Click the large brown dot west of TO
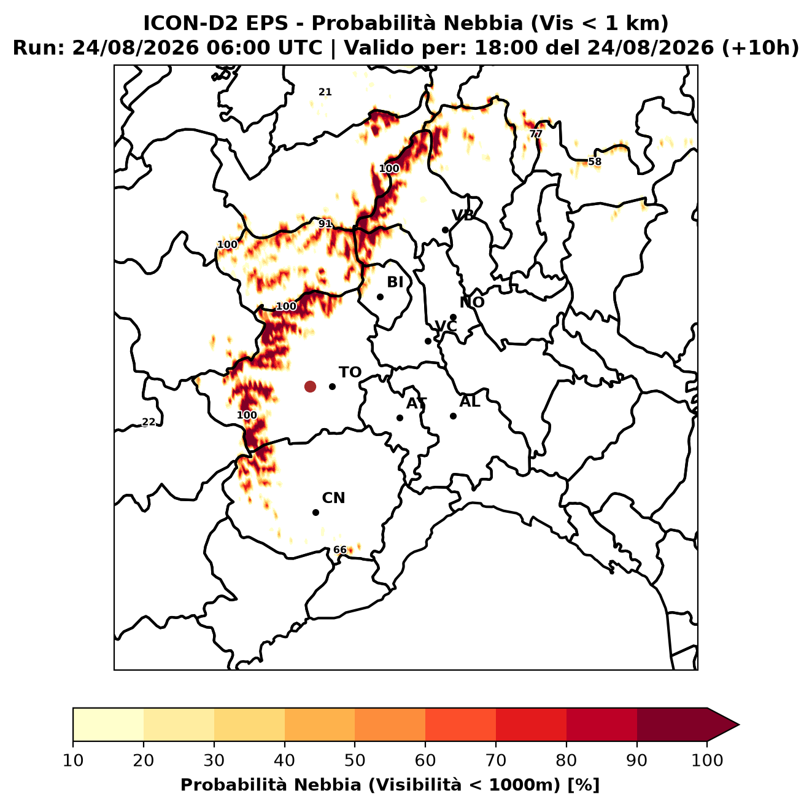coord(310,386)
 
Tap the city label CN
coord(333,498)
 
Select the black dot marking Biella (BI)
coord(380,297)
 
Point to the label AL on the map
coord(470,402)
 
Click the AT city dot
coord(400,418)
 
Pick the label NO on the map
coord(472,302)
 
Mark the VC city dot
coord(428,341)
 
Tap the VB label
coord(463,216)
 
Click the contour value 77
coord(536,134)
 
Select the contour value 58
coord(595,162)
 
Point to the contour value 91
coord(325,224)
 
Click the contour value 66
coord(339,550)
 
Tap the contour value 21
coord(325,92)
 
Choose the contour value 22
coord(149,422)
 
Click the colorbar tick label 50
coord(355,760)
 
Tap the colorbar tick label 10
coord(73,760)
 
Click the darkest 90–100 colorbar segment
coord(672,724)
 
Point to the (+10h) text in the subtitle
coord(760,48)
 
